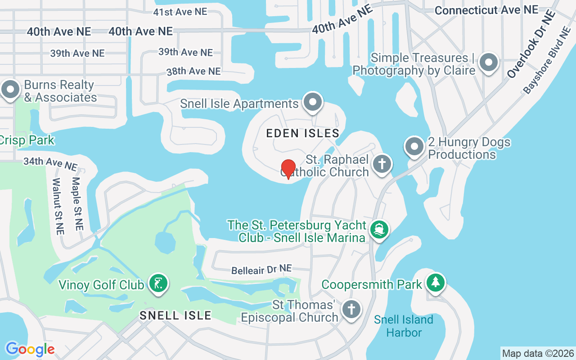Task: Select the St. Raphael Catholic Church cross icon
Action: point(382,163)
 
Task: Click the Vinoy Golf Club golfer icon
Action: point(158,283)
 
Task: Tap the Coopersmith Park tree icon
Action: point(435,283)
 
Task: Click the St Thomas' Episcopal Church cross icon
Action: point(351,310)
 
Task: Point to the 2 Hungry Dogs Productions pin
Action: point(414,147)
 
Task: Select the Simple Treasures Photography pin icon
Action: point(489,63)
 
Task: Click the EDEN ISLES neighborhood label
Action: point(302,133)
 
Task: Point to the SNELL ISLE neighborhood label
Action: point(175,315)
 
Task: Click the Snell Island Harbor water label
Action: point(404,326)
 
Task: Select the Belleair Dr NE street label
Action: point(261,270)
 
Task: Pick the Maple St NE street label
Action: point(77,203)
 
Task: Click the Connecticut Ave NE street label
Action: point(486,10)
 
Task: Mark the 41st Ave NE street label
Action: point(180,12)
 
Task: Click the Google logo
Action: point(30,349)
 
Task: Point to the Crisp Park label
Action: point(27,140)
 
